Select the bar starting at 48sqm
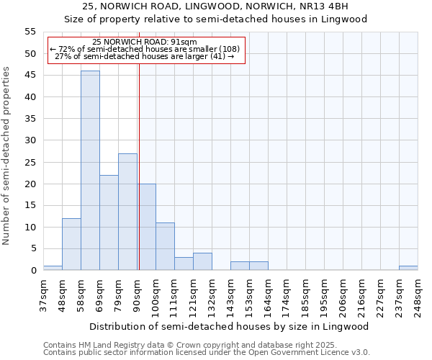pos(71,244)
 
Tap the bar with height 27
pos(127,212)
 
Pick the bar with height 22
pos(109,222)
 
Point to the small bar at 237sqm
pos(408,268)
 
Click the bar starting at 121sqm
pos(202,261)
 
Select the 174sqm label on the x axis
pos(287,295)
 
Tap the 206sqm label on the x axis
pos(343,295)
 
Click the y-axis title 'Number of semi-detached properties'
pos(7,156)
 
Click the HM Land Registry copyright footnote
pos(189,346)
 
